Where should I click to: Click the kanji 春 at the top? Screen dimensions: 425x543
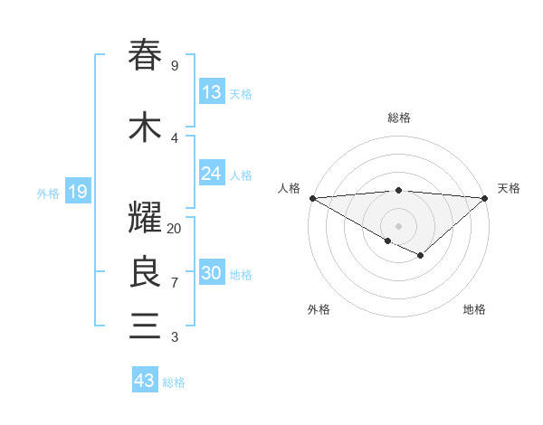click(x=145, y=56)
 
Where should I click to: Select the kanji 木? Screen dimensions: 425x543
click(x=145, y=127)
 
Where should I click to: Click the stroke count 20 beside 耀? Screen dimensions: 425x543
click(x=175, y=229)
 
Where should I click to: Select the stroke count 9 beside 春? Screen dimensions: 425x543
click(x=175, y=66)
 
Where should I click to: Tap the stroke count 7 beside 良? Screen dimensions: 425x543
click(x=175, y=283)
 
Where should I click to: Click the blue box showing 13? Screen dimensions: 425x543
click(x=212, y=92)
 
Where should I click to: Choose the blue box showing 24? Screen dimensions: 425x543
click(x=212, y=174)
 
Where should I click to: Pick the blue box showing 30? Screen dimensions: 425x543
click(x=212, y=273)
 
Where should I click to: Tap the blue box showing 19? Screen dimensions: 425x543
click(x=78, y=192)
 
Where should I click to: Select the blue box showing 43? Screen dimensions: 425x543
click(x=145, y=381)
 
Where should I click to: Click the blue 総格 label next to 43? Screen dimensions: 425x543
click(x=174, y=382)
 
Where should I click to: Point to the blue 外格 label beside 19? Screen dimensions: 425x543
click(x=48, y=193)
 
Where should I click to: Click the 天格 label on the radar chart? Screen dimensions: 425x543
click(x=509, y=188)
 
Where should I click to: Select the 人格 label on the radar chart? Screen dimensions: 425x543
click(x=290, y=188)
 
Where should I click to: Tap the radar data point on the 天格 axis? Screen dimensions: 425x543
click(x=485, y=198)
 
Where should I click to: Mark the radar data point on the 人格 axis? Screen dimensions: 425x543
click(x=312, y=198)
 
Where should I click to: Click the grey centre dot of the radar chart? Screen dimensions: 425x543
click(x=398, y=225)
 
